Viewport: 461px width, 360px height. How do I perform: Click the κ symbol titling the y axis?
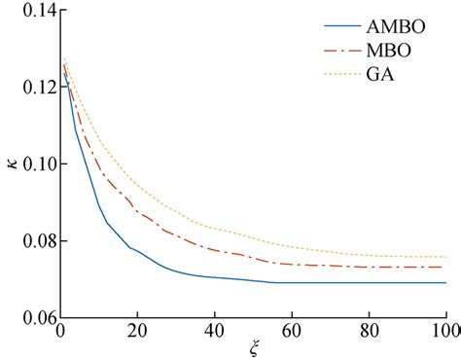pos(11,165)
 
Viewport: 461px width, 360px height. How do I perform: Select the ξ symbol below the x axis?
pos(254,349)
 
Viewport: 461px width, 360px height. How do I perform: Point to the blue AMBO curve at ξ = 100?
pos(445,283)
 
